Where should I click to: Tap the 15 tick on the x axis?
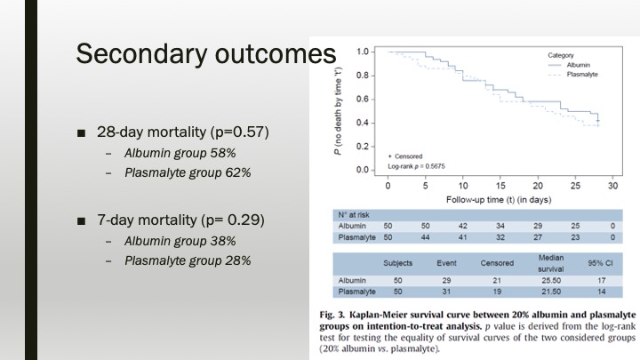(x=500, y=187)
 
